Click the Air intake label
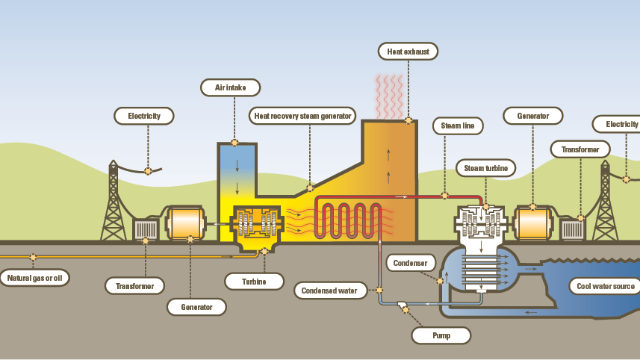[231, 87]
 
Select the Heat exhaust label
[407, 52]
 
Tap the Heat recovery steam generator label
[303, 116]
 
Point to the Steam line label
[458, 125]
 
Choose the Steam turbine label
[485, 169]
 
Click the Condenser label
[409, 263]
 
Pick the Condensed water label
[330, 290]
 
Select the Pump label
[441, 336]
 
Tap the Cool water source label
[605, 286]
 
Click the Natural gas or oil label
[34, 279]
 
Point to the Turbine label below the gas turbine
[255, 281]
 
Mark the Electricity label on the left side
[144, 116]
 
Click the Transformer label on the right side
[580, 149]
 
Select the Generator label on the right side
[532, 116]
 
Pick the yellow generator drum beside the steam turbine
[533, 223]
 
